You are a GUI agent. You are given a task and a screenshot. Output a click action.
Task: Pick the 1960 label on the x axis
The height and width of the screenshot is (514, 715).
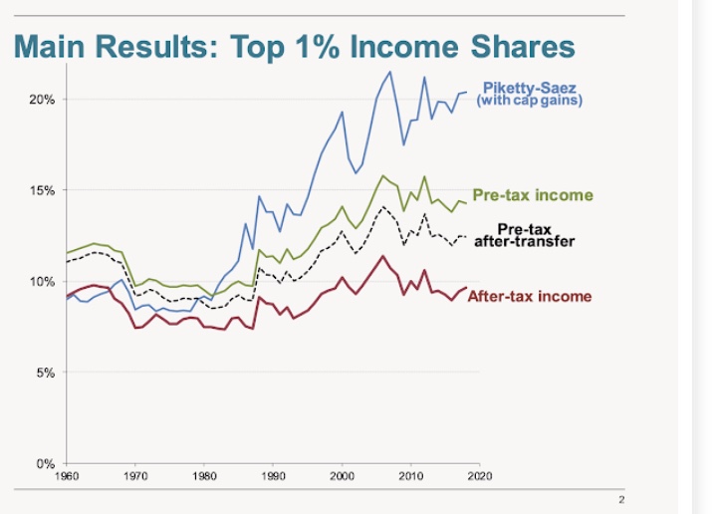[67, 476]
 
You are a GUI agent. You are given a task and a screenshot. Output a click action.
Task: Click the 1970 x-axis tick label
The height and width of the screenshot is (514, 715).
[135, 476]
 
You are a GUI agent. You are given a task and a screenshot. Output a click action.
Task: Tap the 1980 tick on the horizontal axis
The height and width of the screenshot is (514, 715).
[204, 476]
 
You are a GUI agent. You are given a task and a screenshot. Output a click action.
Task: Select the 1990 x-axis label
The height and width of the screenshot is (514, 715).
[273, 476]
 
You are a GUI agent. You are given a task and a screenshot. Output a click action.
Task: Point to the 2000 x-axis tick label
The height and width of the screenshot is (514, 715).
[342, 476]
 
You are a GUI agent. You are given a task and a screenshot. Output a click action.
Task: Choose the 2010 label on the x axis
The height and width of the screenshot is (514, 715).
[410, 476]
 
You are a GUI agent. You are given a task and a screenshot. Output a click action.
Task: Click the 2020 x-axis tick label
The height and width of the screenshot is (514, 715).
[479, 476]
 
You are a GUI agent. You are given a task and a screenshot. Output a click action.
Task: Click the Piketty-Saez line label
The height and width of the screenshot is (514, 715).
[528, 89]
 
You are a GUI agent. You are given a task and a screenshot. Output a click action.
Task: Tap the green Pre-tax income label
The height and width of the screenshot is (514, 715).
[532, 195]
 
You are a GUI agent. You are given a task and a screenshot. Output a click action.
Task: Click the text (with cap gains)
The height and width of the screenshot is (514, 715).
[529, 102]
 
